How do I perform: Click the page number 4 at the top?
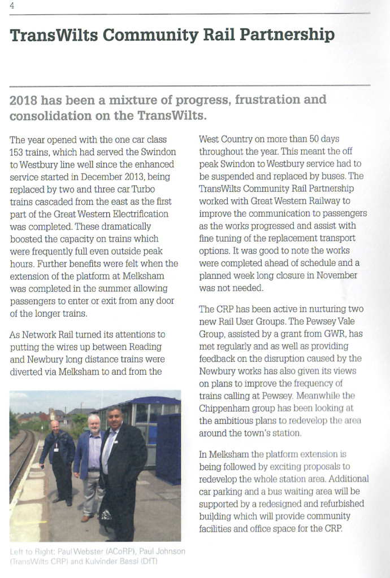[x=12, y=6]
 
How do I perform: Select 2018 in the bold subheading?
[x=24, y=100]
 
